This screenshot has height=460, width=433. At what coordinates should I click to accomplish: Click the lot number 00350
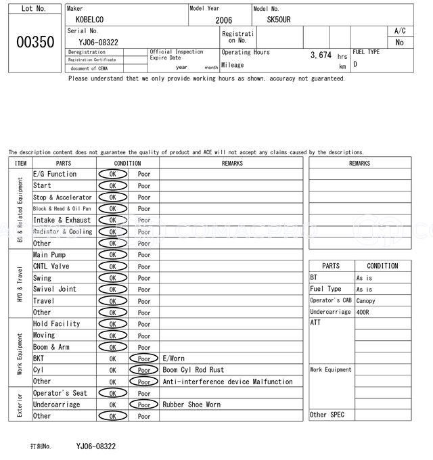click(x=35, y=42)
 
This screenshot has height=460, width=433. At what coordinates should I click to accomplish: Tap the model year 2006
click(x=223, y=20)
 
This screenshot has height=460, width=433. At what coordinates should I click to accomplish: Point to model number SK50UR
click(x=278, y=20)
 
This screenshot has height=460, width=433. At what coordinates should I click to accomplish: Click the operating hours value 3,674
click(x=321, y=55)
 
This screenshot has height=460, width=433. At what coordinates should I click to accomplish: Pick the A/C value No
click(x=399, y=42)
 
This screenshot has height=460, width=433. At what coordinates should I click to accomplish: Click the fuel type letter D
click(x=355, y=64)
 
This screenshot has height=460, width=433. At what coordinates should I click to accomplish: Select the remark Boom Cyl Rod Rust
click(x=193, y=370)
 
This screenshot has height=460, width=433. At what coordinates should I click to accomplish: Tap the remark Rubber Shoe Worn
click(x=191, y=405)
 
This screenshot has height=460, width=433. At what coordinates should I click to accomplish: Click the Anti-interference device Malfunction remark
click(x=227, y=382)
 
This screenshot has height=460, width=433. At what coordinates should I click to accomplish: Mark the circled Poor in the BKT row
click(x=144, y=359)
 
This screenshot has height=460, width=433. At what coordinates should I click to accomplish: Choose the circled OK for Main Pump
click(x=112, y=255)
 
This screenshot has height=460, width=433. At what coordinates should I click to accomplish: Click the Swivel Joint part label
click(x=55, y=289)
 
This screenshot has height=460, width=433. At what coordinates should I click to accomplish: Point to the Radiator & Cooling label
click(x=62, y=231)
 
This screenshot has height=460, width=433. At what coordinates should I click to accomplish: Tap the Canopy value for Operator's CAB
click(x=365, y=300)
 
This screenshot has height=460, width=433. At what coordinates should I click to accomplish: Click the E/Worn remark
click(x=173, y=359)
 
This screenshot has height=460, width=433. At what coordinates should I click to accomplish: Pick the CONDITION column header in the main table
click(x=127, y=163)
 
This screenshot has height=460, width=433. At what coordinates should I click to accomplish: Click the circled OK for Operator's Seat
click(x=112, y=393)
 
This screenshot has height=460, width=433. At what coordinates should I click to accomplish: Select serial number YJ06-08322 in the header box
click(x=98, y=42)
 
